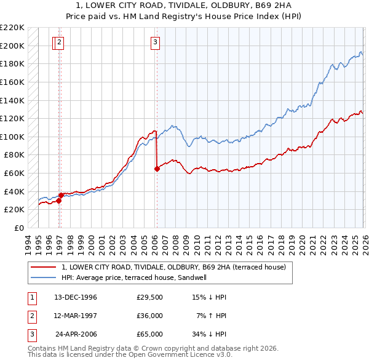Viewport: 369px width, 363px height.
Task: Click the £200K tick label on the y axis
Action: coord(13,46)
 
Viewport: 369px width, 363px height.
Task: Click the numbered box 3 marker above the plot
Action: coord(155,42)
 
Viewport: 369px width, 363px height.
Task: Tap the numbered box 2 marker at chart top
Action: coord(60,42)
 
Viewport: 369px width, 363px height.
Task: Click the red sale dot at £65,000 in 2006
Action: coord(157,169)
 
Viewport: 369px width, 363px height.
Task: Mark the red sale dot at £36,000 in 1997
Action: coord(61,195)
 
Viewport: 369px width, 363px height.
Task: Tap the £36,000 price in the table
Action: coord(149,316)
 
